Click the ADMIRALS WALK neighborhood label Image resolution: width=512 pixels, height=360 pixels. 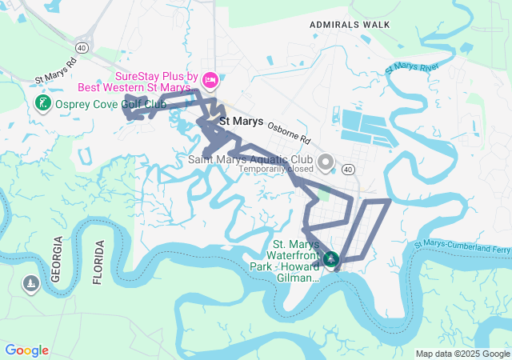(x=350, y=25)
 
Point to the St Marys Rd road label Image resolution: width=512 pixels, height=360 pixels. (x=56, y=71)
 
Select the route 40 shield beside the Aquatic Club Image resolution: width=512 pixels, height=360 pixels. (x=347, y=170)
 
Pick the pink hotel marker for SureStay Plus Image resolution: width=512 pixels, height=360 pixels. (x=210, y=79)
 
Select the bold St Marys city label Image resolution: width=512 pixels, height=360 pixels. (x=241, y=122)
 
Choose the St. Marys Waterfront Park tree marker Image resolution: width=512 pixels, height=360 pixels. (x=330, y=259)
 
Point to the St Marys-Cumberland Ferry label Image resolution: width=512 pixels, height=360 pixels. (x=462, y=247)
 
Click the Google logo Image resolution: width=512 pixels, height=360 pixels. (x=26, y=350)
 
